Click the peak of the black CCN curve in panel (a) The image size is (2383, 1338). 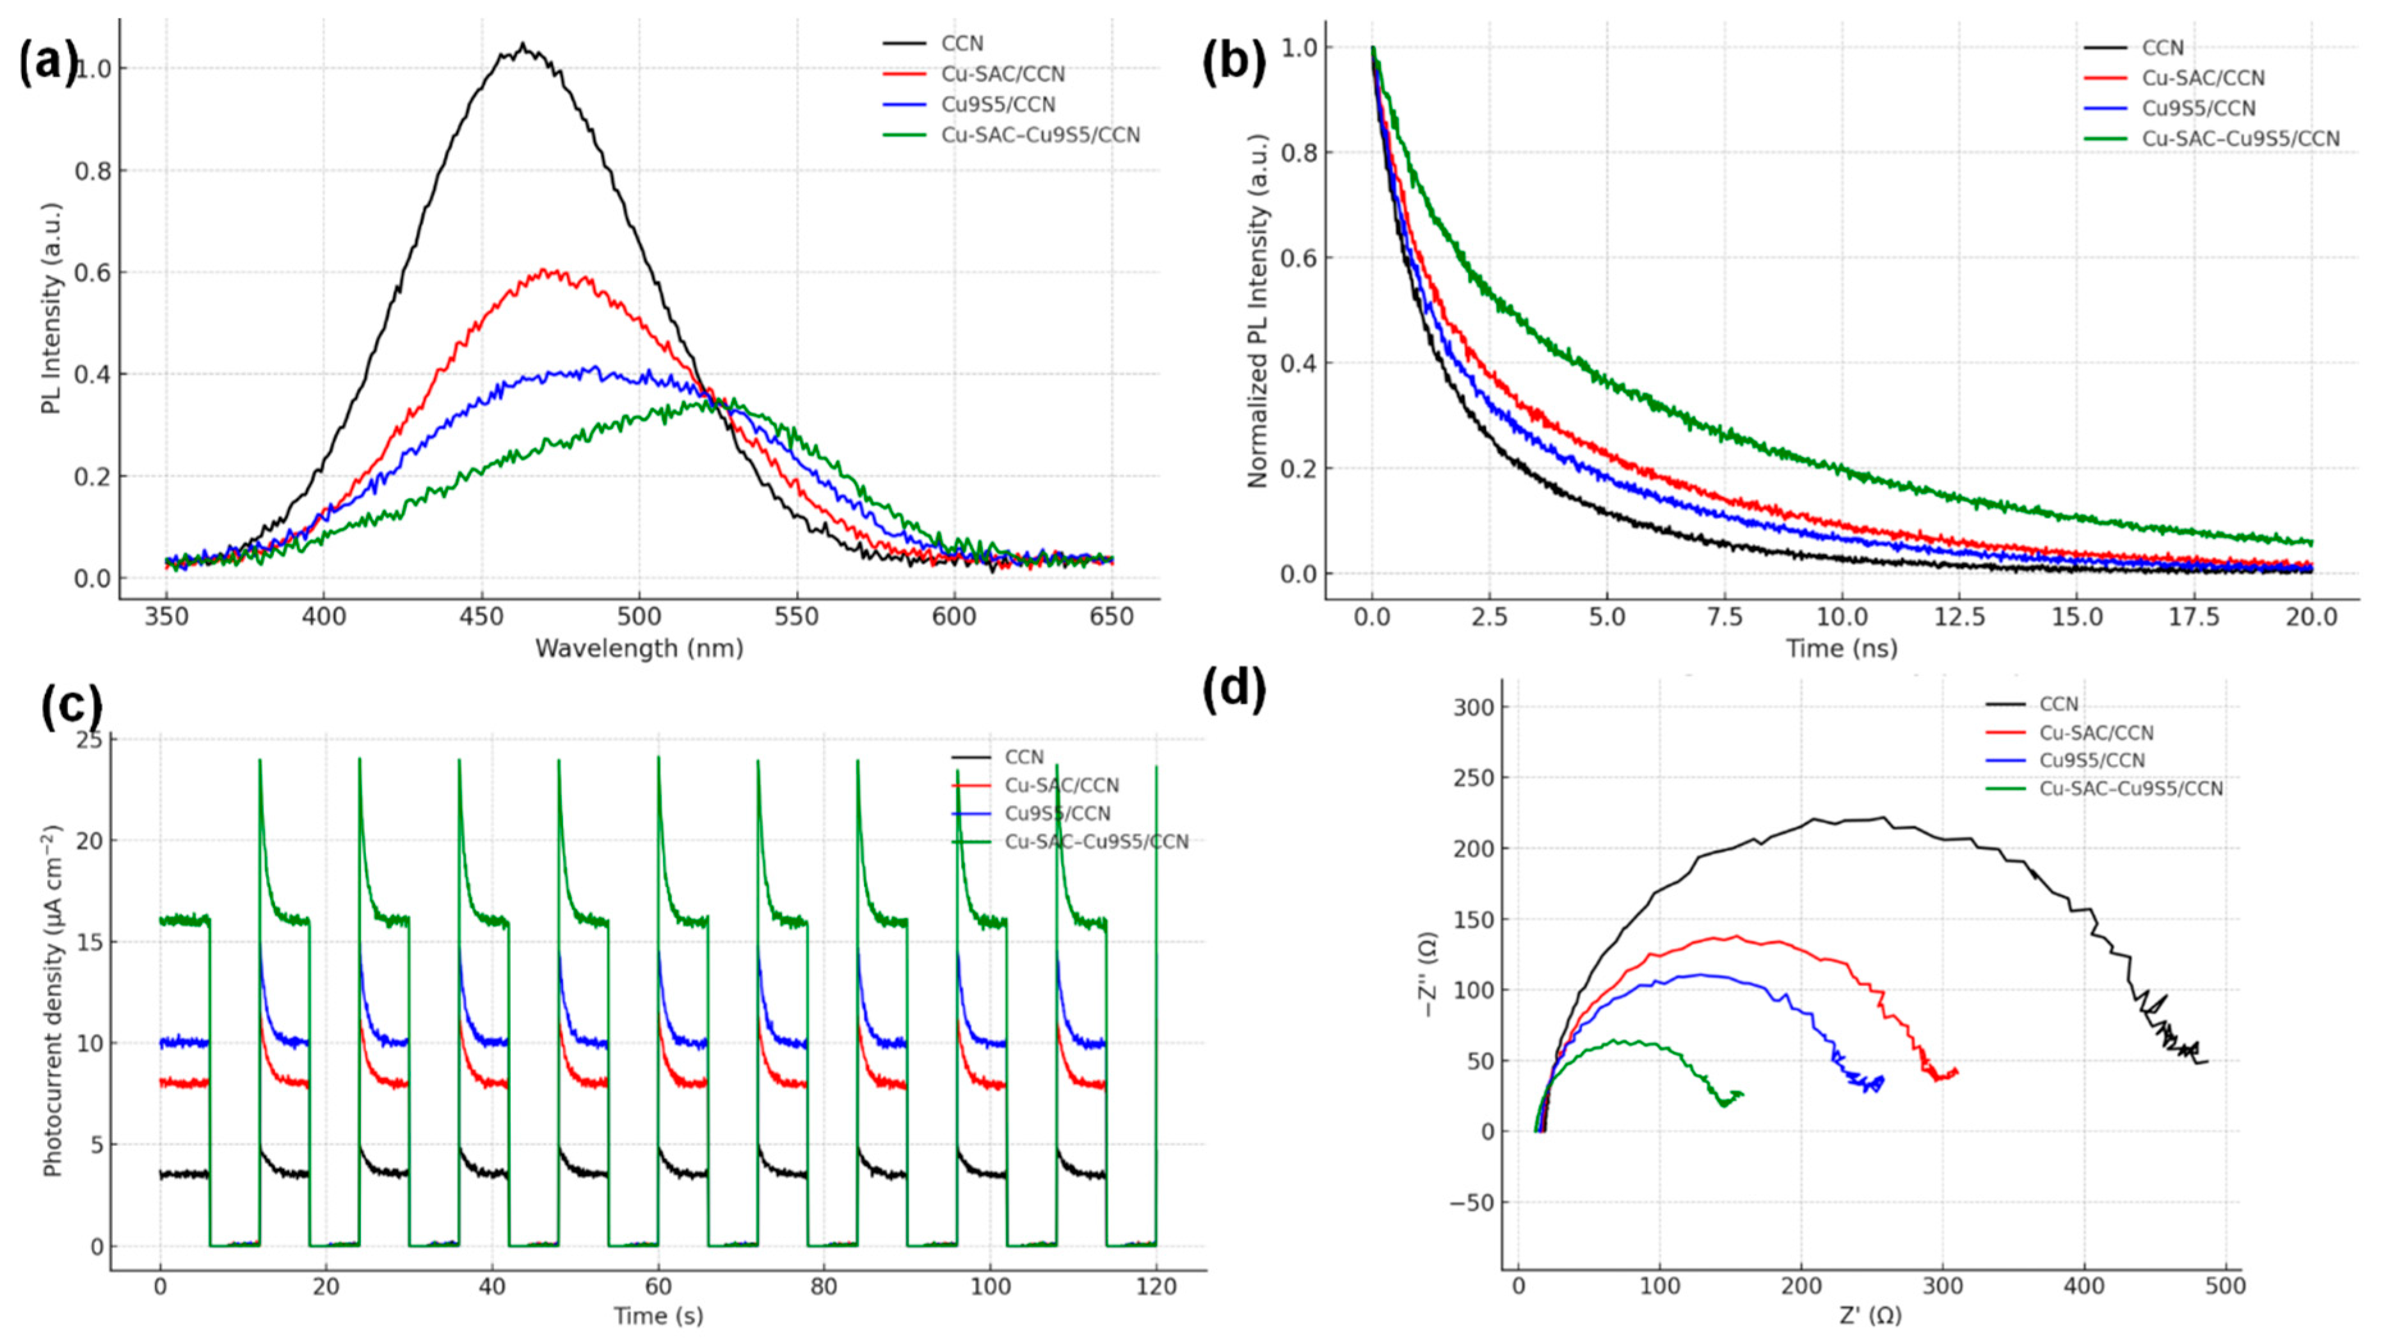coord(523,44)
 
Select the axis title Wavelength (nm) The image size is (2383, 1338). coord(639,649)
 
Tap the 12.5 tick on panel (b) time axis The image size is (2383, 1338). coord(1959,616)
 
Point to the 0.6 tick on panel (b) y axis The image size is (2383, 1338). coord(1297,257)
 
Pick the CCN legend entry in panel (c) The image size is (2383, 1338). coord(1024,757)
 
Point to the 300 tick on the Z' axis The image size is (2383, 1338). coord(1943,1287)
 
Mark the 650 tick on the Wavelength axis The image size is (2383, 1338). coord(1112,616)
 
